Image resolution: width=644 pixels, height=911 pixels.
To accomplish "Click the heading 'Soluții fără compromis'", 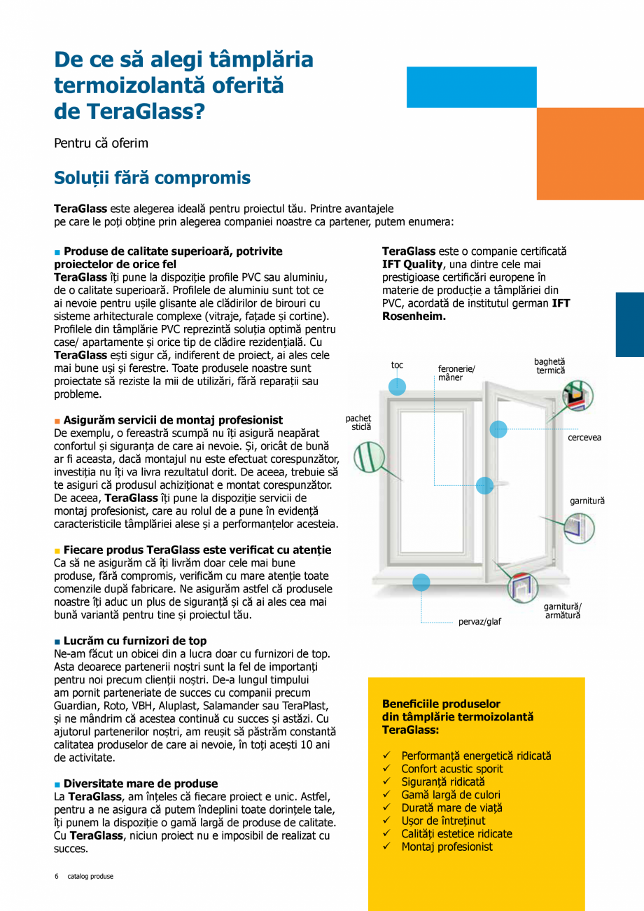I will point(152,178).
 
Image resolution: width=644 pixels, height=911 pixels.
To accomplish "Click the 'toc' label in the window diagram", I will point(397,365).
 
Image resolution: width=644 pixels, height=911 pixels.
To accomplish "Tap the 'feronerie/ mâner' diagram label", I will point(456,373).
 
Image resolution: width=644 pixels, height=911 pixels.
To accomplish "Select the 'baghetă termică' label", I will point(550,366).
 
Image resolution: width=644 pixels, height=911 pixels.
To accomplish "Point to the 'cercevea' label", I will point(584,438).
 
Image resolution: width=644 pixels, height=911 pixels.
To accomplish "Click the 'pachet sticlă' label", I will point(358,422).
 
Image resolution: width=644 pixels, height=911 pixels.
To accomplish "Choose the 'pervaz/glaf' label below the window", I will point(479,622).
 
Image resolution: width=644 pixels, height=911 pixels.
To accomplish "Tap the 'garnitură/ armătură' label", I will point(563,611).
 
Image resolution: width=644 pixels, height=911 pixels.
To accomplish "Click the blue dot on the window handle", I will point(484,485).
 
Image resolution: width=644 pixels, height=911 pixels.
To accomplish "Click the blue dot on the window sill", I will point(421,582).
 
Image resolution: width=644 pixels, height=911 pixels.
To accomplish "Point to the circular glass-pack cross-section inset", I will point(368,458).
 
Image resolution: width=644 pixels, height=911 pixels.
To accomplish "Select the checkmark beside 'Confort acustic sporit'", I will point(386,769).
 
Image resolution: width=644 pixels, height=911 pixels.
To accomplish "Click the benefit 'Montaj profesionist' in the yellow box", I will point(447,847).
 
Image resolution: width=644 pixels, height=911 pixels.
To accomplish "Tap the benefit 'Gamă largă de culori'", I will point(450,795).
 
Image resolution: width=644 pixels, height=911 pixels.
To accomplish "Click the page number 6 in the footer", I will point(57,876).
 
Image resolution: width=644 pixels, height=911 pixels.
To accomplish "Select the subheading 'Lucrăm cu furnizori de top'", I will point(134,641).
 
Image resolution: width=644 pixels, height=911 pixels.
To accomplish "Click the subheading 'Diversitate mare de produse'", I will point(140,784).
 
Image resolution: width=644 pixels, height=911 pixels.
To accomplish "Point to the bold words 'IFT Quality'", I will point(412,264).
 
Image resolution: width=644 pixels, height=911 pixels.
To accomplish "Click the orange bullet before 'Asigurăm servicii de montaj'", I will point(57,421).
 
